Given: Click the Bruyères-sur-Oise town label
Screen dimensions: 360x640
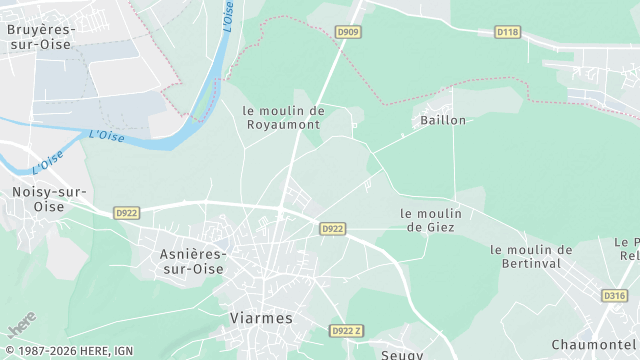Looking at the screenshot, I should coord(40,37).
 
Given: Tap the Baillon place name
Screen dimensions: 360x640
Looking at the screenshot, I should coord(439,120).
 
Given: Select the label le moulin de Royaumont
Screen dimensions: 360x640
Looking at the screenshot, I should coord(283,118).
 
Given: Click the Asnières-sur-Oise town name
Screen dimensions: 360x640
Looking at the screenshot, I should coord(193,261).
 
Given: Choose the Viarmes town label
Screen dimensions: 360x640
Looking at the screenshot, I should coord(261,318).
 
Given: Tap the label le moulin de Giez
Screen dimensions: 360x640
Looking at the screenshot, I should coord(430,220).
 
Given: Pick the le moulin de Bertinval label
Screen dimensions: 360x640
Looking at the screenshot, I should coord(531,257).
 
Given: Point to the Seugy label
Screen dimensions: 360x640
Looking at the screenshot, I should coord(403,354).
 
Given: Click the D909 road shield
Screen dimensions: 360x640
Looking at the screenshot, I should coord(348,32).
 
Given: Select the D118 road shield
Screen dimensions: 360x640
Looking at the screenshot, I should coord(508,32).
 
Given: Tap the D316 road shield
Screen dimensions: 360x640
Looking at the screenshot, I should coord(614,295).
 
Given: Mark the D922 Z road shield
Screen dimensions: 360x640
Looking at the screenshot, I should coord(346,331).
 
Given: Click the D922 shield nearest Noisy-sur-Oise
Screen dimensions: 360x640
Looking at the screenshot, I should coord(126,213).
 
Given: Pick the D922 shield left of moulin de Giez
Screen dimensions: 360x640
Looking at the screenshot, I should coord(332,229).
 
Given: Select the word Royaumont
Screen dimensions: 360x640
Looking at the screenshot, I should coord(283,125).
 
